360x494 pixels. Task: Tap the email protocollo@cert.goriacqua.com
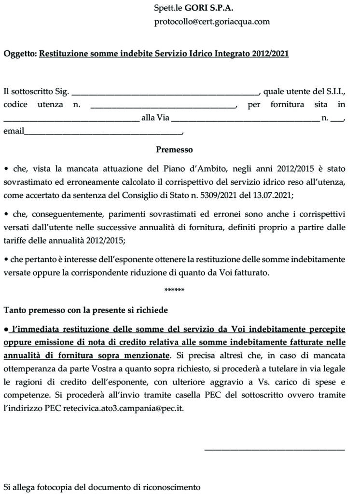212,22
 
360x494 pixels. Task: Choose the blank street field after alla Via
245,118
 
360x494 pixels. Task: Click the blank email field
103,132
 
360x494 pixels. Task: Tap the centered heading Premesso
174,150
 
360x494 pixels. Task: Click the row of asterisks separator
174,290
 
